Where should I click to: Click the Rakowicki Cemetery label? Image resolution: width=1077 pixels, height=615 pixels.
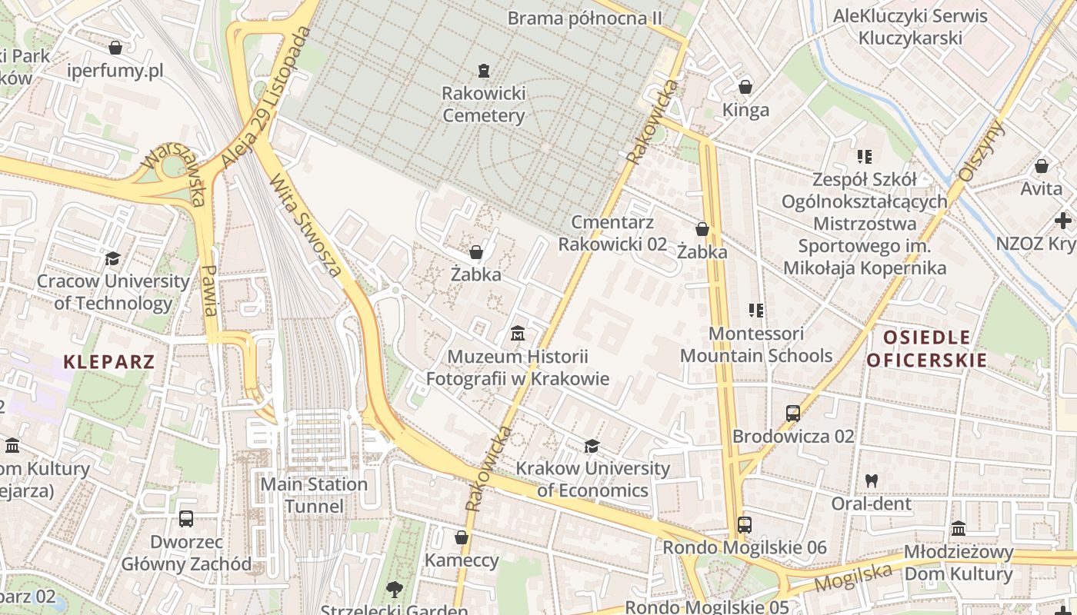coord(483,105)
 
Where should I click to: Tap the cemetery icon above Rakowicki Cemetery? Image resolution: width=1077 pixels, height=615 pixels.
coord(483,71)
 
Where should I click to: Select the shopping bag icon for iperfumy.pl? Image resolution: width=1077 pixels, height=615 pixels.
coord(115,48)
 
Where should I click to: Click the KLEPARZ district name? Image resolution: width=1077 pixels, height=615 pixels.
coord(109,362)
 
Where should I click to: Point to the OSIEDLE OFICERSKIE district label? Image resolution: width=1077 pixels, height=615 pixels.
coord(926,348)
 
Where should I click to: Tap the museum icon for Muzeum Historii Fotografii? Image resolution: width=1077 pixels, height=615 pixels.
coord(518,334)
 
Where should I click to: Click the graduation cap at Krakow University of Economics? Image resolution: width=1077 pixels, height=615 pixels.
coord(592,446)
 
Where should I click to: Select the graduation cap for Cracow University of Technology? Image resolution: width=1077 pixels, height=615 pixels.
coord(113,258)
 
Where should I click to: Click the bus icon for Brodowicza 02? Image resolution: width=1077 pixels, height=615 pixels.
coord(793,414)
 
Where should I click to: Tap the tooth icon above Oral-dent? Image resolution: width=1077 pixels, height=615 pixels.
coord(871,480)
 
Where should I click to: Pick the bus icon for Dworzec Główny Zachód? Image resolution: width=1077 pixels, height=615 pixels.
coord(186,518)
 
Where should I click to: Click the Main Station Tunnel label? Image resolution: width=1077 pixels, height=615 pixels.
coord(314,495)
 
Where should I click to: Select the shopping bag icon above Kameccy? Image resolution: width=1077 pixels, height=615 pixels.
coord(462,537)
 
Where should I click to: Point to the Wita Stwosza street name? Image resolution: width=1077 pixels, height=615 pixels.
coord(305,224)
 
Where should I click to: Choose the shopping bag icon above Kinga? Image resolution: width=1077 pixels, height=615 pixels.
coord(745,87)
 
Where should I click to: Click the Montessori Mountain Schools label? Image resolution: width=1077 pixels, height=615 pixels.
coord(756,344)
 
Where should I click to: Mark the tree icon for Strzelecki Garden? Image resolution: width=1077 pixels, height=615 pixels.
coord(395,590)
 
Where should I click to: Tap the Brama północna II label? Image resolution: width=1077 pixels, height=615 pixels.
coord(585,17)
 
